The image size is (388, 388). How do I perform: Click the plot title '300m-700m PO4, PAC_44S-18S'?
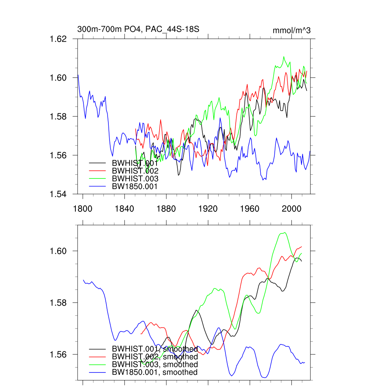click(138, 29)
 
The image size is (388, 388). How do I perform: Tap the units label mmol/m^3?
click(291, 30)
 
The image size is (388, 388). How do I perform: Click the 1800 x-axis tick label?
click(83, 208)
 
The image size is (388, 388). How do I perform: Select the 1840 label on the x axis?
click(125, 208)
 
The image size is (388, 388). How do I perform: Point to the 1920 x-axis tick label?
click(208, 208)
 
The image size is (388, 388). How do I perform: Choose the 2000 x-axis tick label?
click(291, 208)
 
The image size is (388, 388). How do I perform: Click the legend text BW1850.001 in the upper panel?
click(135, 186)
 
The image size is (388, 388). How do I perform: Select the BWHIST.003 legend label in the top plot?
click(135, 178)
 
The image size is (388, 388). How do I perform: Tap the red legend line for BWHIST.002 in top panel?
click(97, 170)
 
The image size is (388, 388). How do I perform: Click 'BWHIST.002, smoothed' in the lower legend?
click(155, 357)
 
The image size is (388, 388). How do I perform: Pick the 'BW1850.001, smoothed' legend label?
click(155, 372)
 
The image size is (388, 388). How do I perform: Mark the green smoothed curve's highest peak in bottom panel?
click(285, 233)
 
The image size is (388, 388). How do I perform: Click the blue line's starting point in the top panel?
click(78, 75)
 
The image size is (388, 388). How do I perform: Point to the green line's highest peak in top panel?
click(283, 56)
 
